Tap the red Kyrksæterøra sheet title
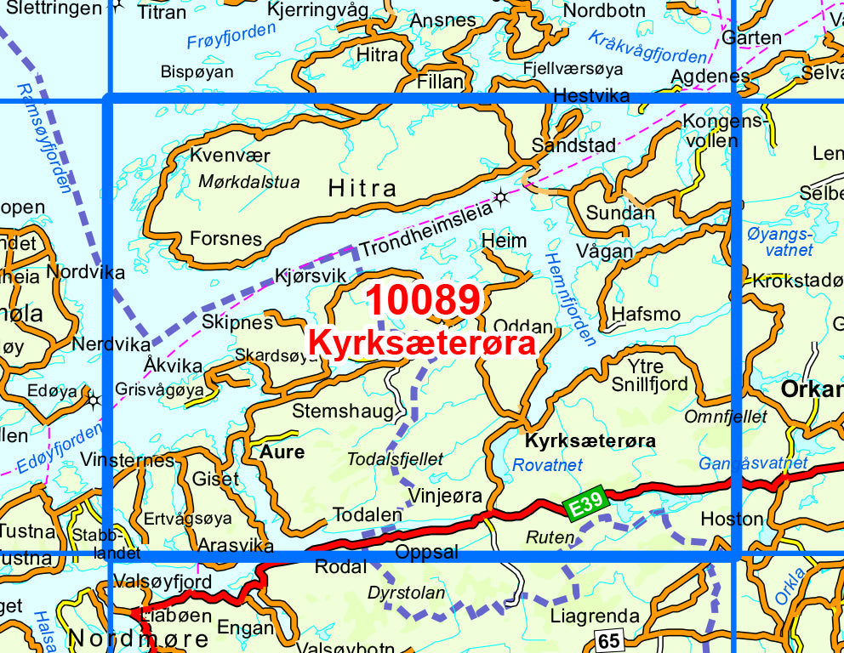tap(422, 344)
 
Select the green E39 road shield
tap(586, 503)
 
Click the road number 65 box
tap(608, 641)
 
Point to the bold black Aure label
tap(282, 452)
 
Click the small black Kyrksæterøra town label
tap(590, 441)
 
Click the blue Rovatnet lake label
tap(547, 465)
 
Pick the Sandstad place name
tap(573, 145)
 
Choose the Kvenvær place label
tap(230, 156)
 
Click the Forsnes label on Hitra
tap(225, 238)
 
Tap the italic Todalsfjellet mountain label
tap(395, 459)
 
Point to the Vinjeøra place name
tap(445, 496)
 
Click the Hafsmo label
tap(646, 314)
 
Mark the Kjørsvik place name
tap(311, 275)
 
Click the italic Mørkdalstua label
tap(248, 181)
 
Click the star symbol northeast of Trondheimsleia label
tap(501, 198)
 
